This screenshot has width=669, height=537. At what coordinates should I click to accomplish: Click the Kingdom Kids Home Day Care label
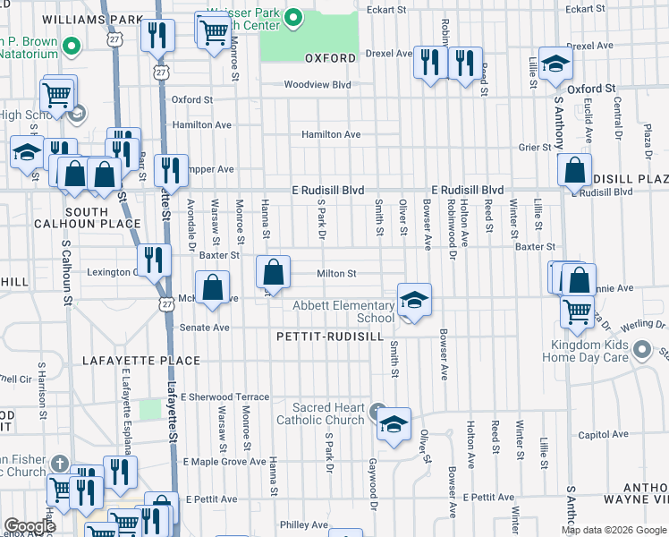tap(585, 351)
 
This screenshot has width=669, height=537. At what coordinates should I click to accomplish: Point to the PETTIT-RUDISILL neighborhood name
tap(331, 337)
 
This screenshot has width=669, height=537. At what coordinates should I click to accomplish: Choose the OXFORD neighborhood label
tap(330, 58)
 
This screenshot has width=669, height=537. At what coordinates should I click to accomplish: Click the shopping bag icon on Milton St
tap(274, 272)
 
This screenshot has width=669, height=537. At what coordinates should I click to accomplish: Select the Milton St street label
tap(337, 274)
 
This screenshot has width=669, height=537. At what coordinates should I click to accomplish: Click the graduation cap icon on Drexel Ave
tap(555, 63)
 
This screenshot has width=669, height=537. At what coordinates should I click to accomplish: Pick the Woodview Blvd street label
tap(317, 85)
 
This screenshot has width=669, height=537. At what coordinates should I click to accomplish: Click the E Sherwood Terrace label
tap(224, 396)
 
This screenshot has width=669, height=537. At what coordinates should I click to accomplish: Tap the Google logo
tap(30, 526)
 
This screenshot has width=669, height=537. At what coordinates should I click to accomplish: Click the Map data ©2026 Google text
tap(613, 530)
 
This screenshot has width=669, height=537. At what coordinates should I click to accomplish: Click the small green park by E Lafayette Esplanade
tap(150, 410)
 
